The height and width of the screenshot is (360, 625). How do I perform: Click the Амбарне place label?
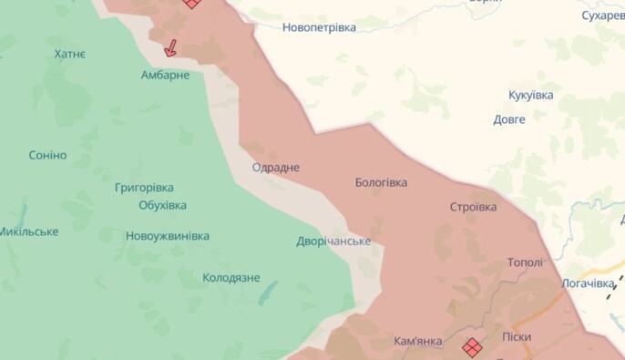tap(165, 75)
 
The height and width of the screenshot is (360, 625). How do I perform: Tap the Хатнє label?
tap(70, 55)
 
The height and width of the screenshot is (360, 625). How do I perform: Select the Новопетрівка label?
tap(319, 27)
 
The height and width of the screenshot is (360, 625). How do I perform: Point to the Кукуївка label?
tap(530, 95)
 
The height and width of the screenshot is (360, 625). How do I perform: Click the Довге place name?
tap(509, 119)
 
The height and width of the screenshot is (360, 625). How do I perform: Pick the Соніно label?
tap(47, 155)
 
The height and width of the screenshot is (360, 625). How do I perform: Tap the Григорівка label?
tap(144, 188)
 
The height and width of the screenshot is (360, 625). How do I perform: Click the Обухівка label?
tap(162, 205)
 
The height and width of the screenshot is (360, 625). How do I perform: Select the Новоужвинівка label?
tap(168, 236)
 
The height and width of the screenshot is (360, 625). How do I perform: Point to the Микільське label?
tap(28, 231)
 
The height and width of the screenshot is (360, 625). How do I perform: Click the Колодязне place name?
tap(231, 278)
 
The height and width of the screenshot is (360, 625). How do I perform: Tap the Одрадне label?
tap(275, 168)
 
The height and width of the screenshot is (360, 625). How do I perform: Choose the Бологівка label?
tap(381, 182)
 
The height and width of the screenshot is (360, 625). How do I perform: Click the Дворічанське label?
tap(333, 242)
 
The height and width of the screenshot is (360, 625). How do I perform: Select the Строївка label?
tap(473, 207)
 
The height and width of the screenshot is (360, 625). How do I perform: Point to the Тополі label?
tap(525, 262)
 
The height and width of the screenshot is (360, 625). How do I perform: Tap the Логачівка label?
tap(588, 283)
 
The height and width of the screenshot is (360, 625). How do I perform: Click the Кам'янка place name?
tap(418, 342)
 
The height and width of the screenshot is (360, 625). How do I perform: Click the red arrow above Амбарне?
tap(170, 47)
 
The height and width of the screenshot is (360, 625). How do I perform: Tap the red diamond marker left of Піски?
tap(472, 347)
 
